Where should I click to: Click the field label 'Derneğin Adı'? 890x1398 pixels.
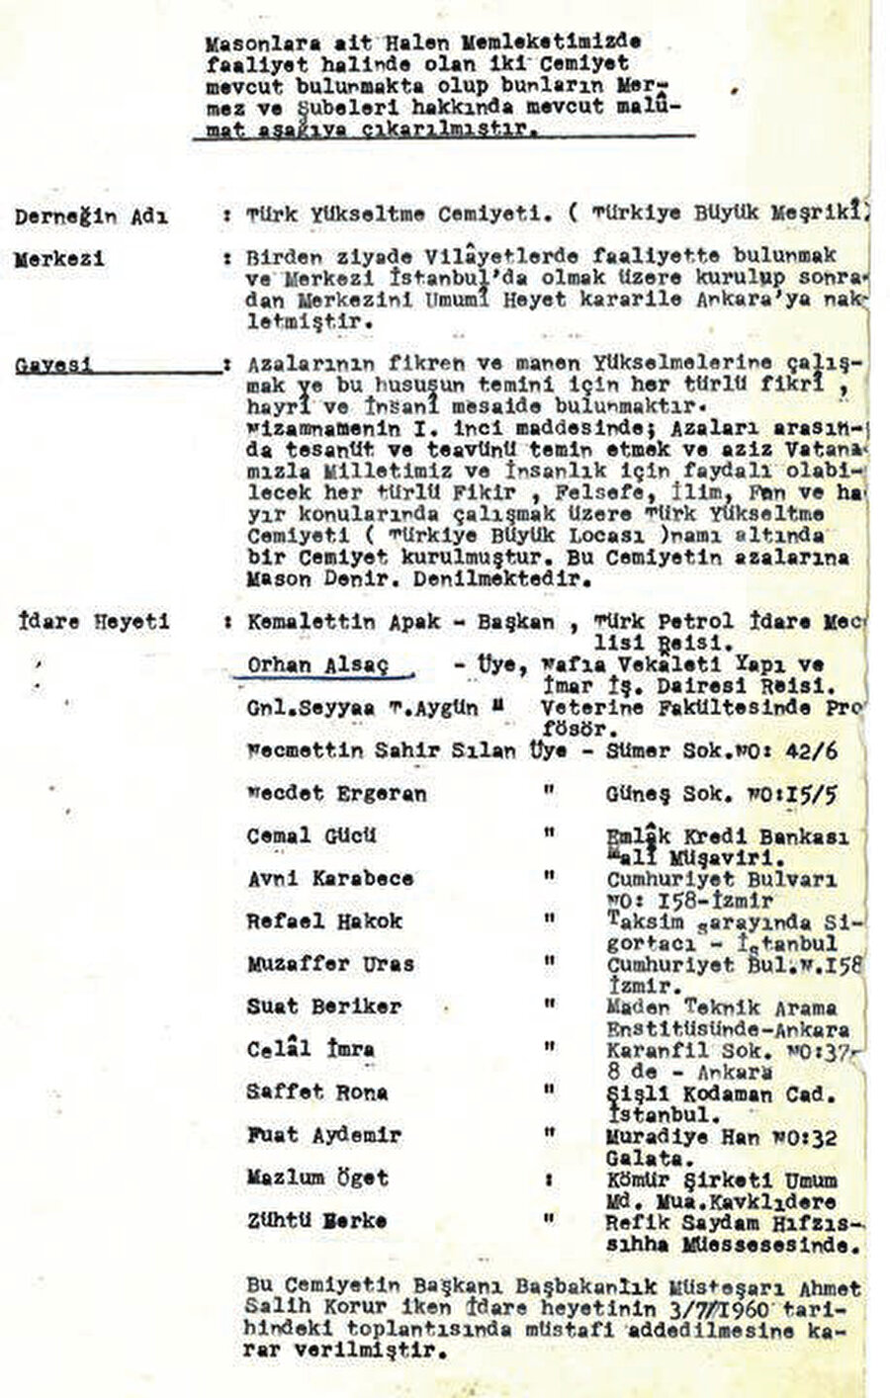[x=91, y=215]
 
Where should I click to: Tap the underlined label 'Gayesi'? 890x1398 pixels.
[x=54, y=364]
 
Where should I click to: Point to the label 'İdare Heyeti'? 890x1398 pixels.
[x=92, y=622]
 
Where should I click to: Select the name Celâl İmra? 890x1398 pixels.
[x=297, y=1049]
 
